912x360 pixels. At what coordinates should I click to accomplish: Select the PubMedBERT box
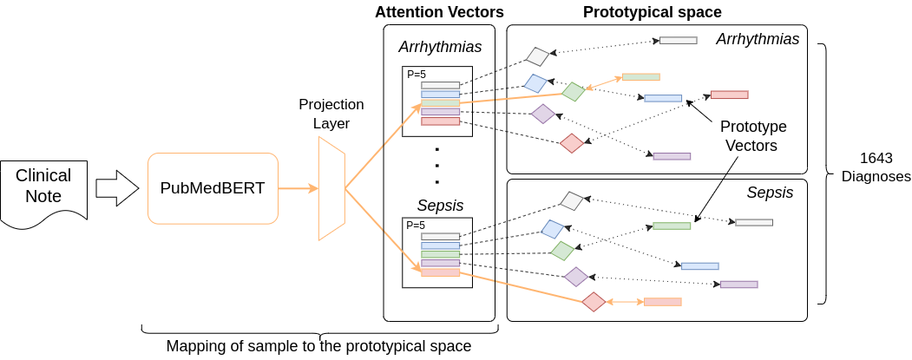coord(213,188)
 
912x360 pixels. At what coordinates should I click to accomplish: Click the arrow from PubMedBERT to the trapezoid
coord(298,188)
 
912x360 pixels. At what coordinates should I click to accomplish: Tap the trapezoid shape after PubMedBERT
coord(331,188)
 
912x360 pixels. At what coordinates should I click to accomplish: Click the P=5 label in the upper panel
coord(417,75)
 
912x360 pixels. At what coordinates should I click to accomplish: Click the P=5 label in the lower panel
coord(417,226)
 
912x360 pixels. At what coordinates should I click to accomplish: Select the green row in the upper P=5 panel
coord(440,103)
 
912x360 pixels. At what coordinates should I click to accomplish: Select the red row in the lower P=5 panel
coord(440,272)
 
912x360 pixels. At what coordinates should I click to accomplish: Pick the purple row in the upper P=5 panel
coord(440,112)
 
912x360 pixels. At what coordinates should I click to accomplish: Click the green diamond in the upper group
coord(574,91)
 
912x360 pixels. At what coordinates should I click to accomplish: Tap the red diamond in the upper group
coord(572,143)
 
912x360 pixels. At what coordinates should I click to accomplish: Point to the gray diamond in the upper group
coord(538,56)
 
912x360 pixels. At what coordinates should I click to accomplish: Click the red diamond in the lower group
coord(594,301)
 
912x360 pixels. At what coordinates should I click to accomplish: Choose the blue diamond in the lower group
coord(553,229)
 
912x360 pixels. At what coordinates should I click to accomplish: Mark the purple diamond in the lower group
coord(576,277)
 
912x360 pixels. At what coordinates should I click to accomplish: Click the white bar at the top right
coord(678,40)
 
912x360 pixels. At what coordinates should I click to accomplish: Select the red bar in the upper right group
coord(729,95)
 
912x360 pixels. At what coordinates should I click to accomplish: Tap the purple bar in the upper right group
coord(672,156)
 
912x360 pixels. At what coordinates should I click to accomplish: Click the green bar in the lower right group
coord(672,226)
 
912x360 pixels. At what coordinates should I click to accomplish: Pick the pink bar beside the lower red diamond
coord(663,302)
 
